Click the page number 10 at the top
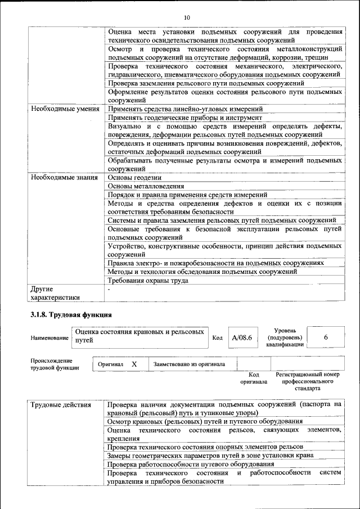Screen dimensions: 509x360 [187, 17]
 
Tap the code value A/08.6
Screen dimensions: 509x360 [241, 337]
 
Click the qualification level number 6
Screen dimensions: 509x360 [326, 337]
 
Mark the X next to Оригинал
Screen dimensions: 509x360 [134, 364]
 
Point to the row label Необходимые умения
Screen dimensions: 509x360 [65, 109]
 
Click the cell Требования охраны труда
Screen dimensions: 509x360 [148, 280]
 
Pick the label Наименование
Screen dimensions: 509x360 [49, 337]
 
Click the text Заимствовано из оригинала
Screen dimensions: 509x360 [190, 364]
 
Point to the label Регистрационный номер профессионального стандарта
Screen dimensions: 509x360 [308, 381]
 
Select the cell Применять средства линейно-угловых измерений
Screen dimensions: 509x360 [185, 109]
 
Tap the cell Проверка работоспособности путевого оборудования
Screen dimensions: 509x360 [191, 464]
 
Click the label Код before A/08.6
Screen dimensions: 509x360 [218, 337]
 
